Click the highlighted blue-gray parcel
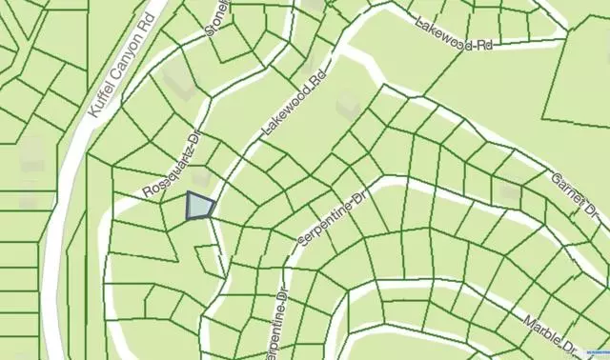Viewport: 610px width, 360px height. [198, 206]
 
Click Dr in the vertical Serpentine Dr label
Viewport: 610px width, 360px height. [283, 285]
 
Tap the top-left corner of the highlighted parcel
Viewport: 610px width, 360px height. [188, 192]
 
